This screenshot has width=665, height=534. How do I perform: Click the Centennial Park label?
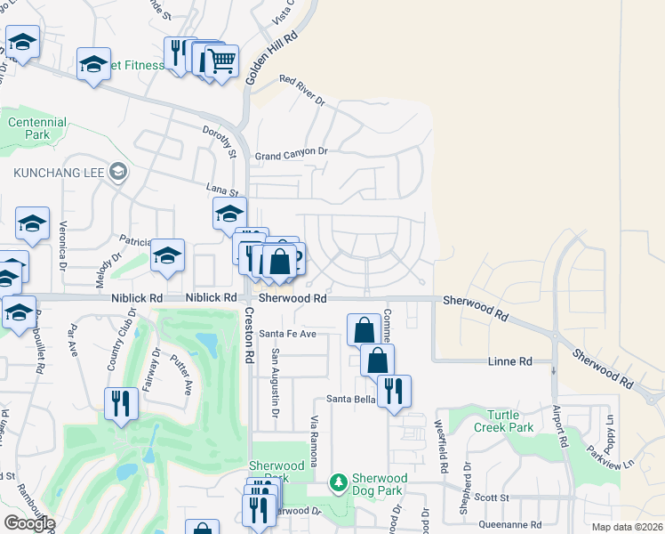tap(36, 128)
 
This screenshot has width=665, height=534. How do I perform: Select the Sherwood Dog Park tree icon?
tap(338, 483)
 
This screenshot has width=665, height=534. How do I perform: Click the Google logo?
tap(29, 522)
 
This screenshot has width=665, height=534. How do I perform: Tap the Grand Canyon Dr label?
tap(292, 153)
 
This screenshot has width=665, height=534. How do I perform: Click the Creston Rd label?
tap(249, 335)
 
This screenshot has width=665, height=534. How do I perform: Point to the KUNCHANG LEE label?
tap(55, 171)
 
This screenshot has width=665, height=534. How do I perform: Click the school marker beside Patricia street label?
tap(167, 256)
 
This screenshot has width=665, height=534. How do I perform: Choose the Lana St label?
tap(223, 190)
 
